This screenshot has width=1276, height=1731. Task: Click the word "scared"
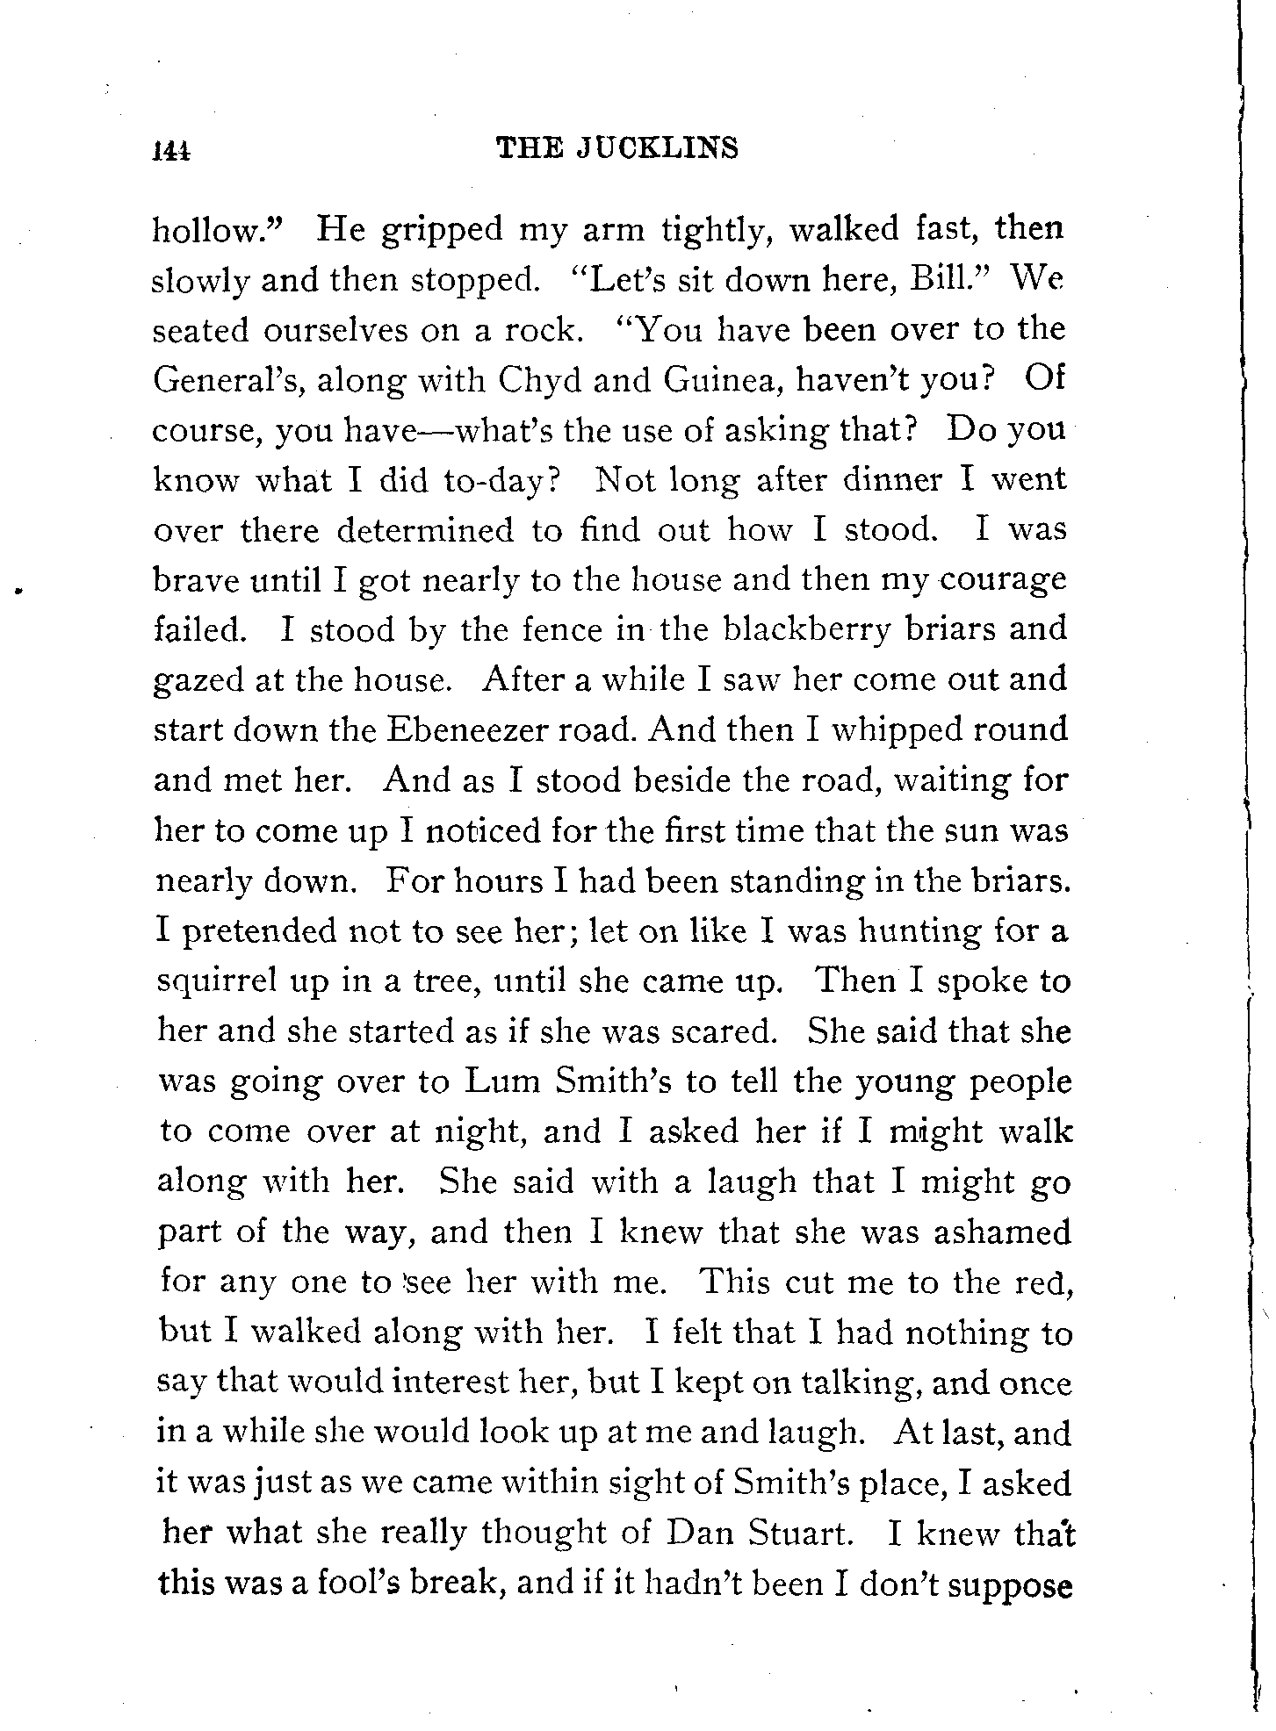tap(723, 1031)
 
